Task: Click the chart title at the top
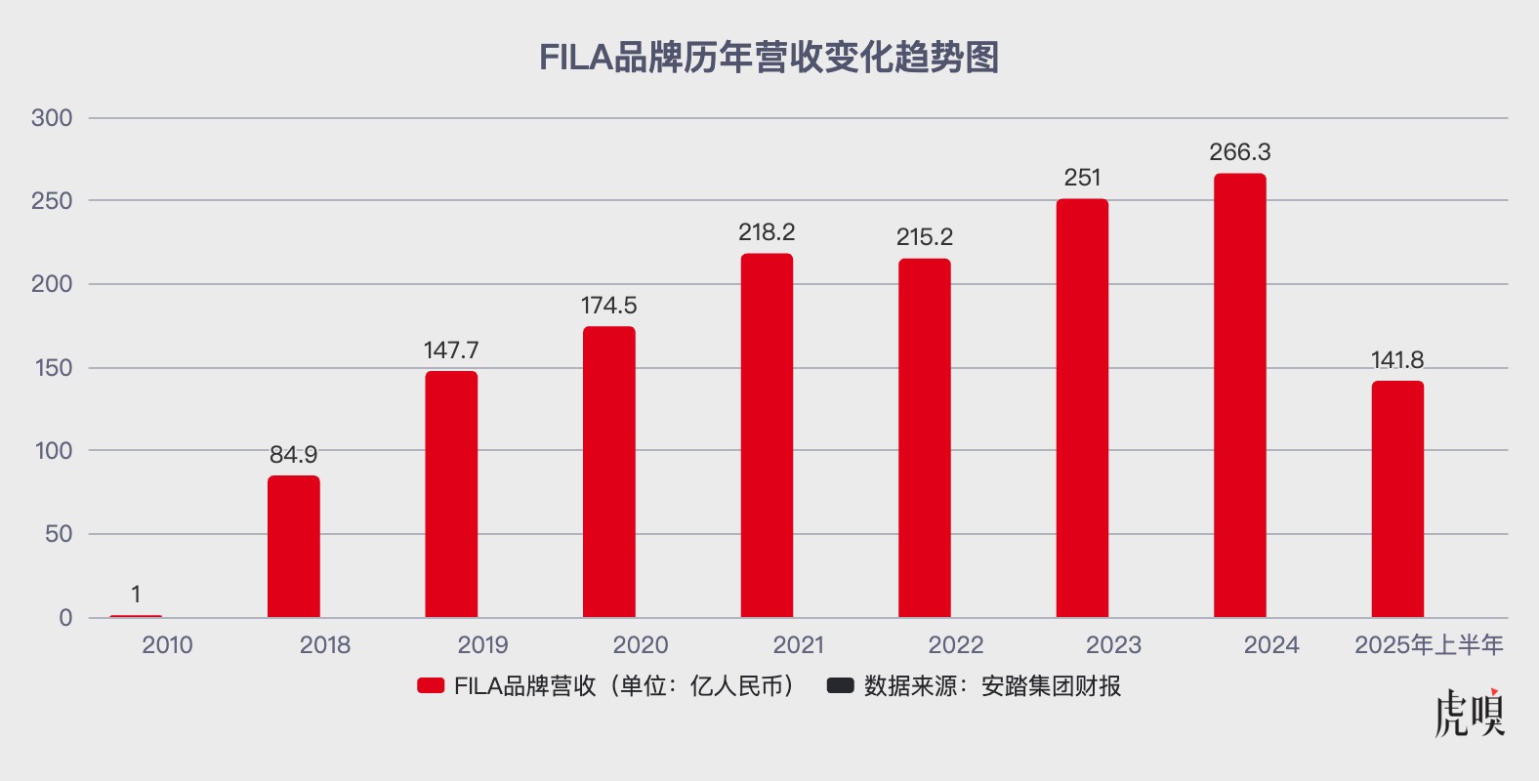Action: [x=769, y=58]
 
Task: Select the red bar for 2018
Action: [x=294, y=546]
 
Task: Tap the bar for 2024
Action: [x=1240, y=395]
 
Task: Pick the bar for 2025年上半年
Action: [x=1397, y=499]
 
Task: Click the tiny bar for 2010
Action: [x=136, y=616]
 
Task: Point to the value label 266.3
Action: [x=1240, y=152]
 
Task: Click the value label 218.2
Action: [x=767, y=232]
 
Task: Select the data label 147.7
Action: [x=451, y=350]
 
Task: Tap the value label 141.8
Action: [x=1397, y=360]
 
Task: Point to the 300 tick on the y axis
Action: [x=52, y=118]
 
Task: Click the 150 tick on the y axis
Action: [x=52, y=368]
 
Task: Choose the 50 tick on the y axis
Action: [x=59, y=534]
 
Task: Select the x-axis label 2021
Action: [x=798, y=645]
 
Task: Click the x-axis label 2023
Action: [x=1113, y=645]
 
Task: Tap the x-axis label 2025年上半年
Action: [x=1429, y=645]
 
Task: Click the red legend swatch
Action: [x=431, y=686]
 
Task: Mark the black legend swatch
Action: [x=840, y=686]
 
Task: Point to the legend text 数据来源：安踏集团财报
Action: [x=992, y=686]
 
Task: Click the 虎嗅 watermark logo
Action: [x=1470, y=714]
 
